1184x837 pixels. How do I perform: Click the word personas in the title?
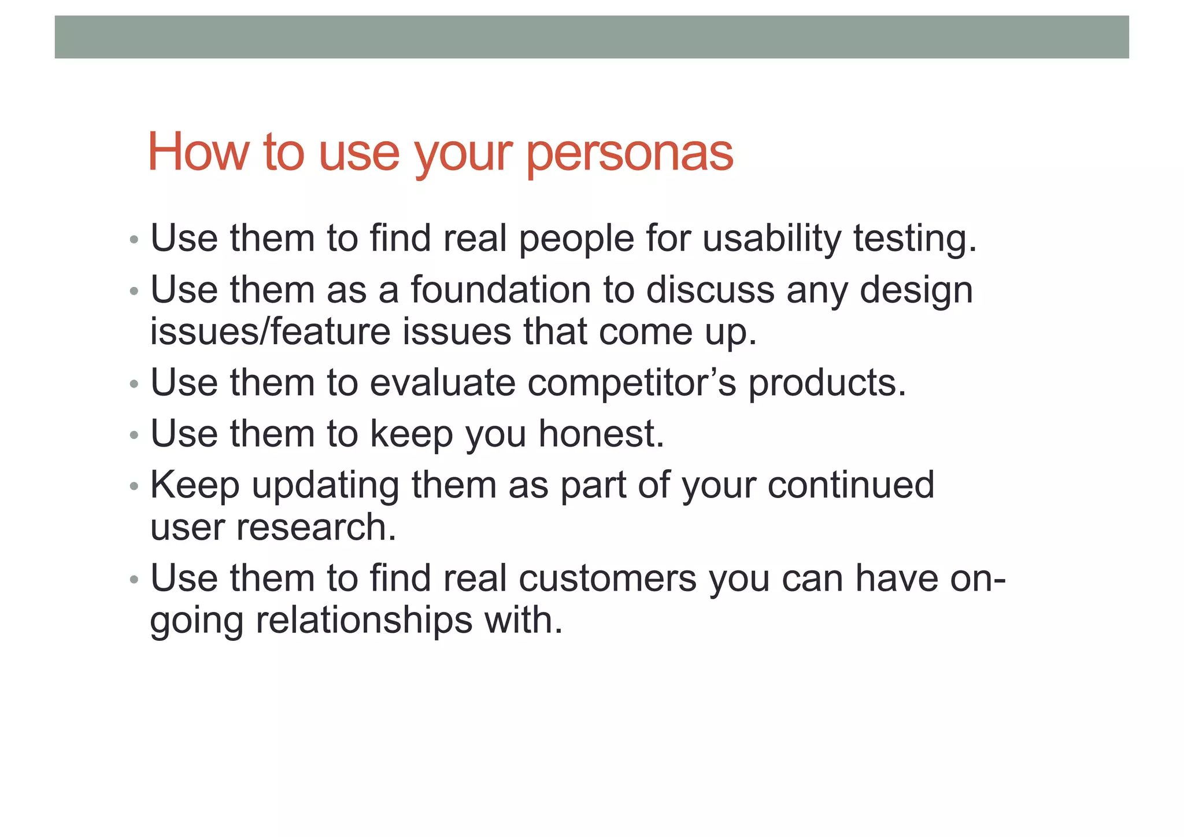(x=630, y=153)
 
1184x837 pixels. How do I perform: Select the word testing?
(x=915, y=239)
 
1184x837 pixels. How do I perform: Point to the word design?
(x=916, y=291)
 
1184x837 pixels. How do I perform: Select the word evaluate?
(x=442, y=383)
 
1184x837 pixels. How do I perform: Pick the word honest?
(x=601, y=434)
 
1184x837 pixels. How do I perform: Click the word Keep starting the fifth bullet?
(x=194, y=486)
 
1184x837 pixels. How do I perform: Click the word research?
(x=316, y=528)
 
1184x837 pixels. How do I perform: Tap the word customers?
(x=607, y=578)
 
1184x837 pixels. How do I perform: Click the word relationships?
(x=364, y=621)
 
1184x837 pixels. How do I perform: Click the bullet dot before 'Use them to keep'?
(x=134, y=435)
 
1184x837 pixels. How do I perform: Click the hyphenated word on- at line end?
(x=977, y=578)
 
